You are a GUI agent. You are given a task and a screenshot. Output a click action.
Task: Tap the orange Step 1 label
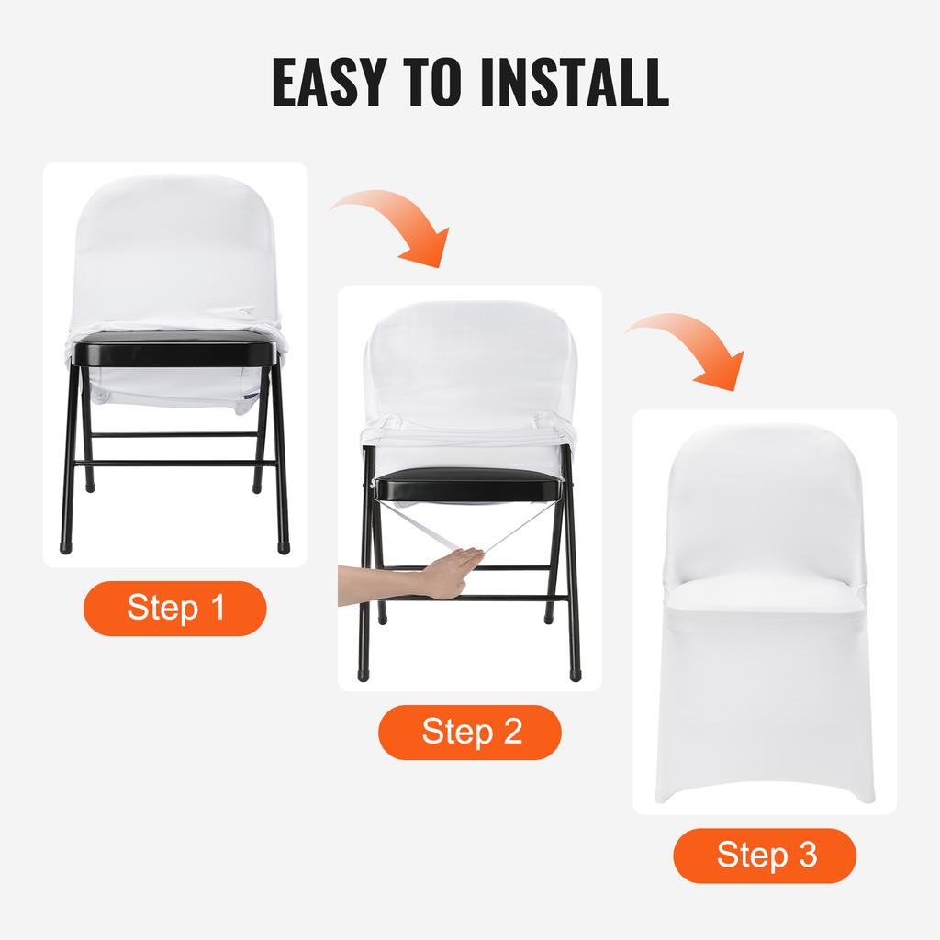175,608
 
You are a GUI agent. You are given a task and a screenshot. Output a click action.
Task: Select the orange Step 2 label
470,732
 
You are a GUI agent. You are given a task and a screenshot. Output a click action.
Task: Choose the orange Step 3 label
766,855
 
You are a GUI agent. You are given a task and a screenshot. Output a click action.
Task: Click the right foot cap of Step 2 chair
575,673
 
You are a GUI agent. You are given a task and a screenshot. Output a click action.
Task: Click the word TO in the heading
447,82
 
